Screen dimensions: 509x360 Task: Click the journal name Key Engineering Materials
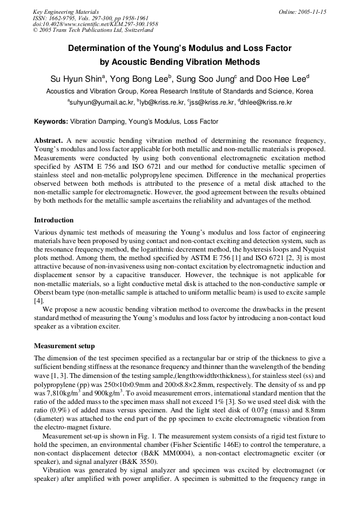66,12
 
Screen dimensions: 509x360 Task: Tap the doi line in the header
95,24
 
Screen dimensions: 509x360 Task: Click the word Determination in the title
95,48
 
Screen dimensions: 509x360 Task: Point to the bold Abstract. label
49,140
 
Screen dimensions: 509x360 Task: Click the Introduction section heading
54,220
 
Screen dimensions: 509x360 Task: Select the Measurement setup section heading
64,346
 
